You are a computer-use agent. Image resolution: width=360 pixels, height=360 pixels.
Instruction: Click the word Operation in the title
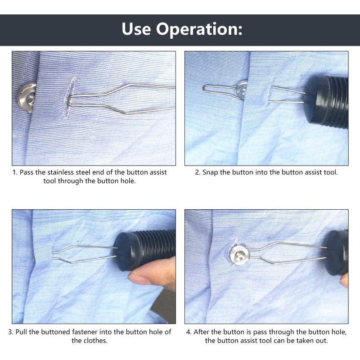click(200, 30)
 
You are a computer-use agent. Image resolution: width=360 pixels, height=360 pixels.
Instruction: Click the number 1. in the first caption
click(15, 172)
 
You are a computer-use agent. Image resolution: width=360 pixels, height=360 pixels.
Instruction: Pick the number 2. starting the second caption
click(198, 172)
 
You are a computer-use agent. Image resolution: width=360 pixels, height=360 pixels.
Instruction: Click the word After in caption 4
click(202, 332)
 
